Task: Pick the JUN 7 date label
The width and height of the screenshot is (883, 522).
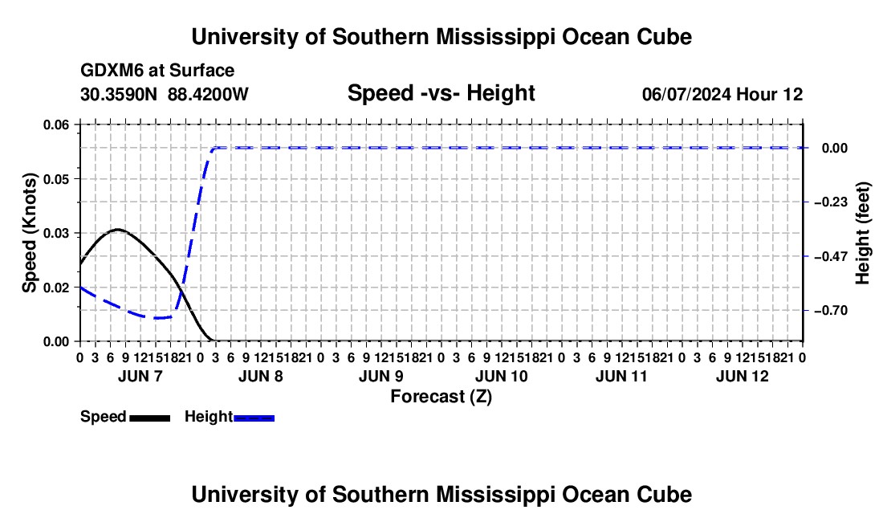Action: pos(140,376)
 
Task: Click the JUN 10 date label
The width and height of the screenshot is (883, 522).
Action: pos(501,376)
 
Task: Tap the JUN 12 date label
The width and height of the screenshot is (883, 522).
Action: pos(743,376)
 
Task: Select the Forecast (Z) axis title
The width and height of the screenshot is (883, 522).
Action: pos(441,397)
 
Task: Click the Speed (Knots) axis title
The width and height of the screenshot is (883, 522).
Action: pos(29,233)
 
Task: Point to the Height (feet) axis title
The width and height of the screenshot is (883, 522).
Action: pos(862,233)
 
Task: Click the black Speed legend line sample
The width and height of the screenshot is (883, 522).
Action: pos(150,418)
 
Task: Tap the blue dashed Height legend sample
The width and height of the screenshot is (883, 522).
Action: pos(254,418)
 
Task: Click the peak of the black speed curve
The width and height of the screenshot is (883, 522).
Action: pos(117,229)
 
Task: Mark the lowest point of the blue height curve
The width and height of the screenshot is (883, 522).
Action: pos(156,318)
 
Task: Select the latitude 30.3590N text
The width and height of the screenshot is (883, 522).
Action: pos(119,94)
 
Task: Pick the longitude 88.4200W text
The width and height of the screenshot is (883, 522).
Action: pos(208,94)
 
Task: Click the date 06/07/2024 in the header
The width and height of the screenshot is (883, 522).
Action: pos(686,94)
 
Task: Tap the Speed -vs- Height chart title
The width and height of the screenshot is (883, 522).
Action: pos(441,93)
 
